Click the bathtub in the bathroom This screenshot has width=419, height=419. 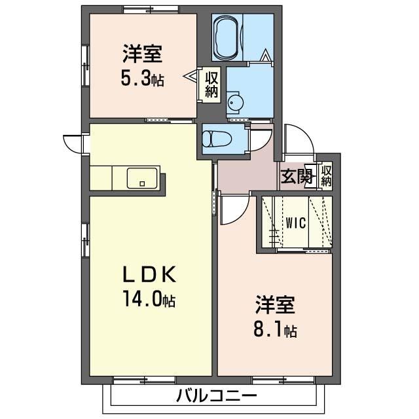coord(228,37)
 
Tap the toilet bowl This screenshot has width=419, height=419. coord(211,139)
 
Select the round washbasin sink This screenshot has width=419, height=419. coord(236,102)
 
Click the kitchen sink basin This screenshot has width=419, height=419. coord(142,178)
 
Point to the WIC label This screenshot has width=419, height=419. coord(295,223)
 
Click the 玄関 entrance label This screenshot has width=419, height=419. coord(297,176)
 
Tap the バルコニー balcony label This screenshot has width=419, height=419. coord(216,395)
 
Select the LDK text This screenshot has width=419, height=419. coord(149,274)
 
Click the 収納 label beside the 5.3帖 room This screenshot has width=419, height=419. coord(212,84)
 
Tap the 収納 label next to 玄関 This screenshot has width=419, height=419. coord(326,176)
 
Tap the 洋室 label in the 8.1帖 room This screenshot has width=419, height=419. coord(275,305)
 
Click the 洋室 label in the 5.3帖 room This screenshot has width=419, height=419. coord(143,54)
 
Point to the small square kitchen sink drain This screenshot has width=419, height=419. coord(142,183)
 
